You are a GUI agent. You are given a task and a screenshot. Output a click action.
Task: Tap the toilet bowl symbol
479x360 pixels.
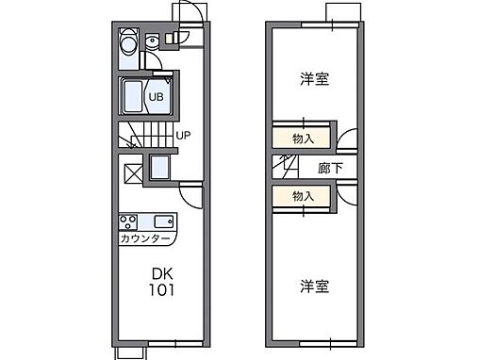[151, 42]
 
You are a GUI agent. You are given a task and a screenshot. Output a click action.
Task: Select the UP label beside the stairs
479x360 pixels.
[185, 135]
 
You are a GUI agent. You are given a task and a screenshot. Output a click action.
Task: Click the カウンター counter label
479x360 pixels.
[146, 239]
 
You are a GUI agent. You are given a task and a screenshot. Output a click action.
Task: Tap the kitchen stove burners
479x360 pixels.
[128, 223]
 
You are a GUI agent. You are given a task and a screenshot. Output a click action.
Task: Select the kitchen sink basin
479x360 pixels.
[161, 223]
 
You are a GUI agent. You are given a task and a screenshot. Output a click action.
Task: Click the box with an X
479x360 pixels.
[132, 172]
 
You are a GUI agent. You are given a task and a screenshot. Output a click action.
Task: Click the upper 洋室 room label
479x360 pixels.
[316, 79]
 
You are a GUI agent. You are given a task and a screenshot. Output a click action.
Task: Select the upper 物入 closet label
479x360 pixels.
[303, 139]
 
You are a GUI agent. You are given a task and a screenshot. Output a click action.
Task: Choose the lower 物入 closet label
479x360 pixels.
[303, 196]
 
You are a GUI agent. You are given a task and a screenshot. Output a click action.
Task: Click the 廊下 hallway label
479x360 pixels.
[330, 167]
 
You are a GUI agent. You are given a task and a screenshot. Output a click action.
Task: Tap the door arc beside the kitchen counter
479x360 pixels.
[191, 197]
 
